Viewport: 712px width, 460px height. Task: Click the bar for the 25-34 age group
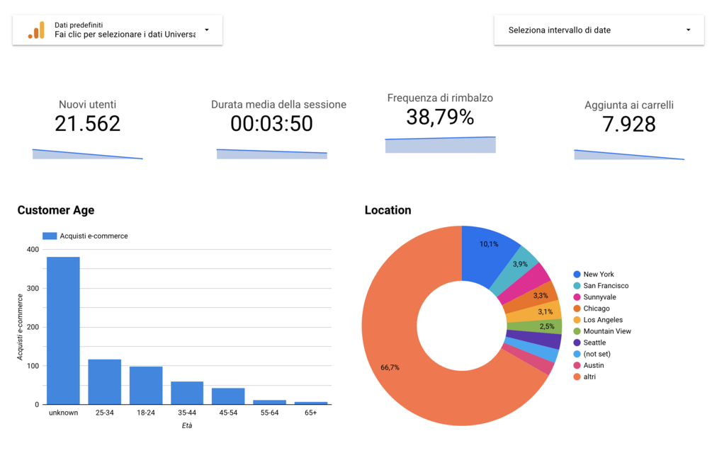[104, 381]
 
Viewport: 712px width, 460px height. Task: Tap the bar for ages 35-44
[187, 393]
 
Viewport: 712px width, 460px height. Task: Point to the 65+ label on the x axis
[310, 412]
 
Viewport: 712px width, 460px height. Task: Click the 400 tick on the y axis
[33, 250]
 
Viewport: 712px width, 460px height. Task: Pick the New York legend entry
[598, 275]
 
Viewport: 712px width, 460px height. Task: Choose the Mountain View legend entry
[606, 331]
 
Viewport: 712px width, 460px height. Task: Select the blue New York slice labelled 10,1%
[489, 247]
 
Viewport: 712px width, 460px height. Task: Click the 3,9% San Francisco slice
[521, 265]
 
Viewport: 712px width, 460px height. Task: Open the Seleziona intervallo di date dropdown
[599, 30]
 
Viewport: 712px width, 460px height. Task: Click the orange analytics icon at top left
[36, 30]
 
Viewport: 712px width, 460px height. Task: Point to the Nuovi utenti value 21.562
[88, 124]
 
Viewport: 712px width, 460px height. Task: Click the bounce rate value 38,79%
[440, 117]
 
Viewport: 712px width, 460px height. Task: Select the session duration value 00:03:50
[271, 124]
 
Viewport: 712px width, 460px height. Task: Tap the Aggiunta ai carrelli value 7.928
[629, 124]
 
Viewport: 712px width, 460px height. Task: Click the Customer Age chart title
[56, 210]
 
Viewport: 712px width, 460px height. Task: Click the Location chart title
[388, 210]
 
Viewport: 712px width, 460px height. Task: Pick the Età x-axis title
[186, 425]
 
